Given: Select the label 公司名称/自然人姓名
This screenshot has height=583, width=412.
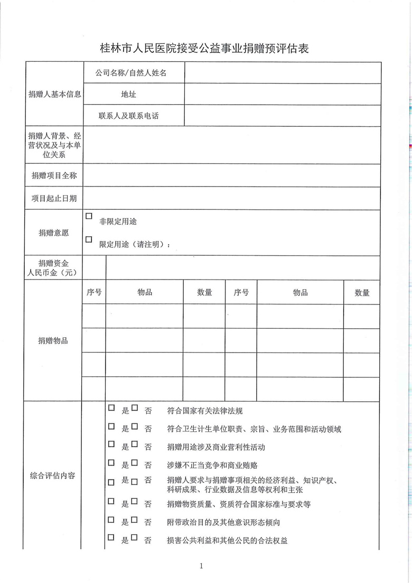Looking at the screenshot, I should [x=131, y=73].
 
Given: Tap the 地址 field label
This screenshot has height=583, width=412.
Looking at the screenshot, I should [x=128, y=95].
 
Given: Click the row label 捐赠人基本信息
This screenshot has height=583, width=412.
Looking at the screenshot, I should [x=54, y=95].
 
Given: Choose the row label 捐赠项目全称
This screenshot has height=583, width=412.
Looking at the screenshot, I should [x=54, y=175].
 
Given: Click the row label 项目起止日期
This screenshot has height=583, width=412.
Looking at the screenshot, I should [x=54, y=198].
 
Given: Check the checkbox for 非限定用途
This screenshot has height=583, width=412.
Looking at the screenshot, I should [x=89, y=217].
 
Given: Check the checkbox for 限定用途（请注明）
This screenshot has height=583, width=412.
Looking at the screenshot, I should [x=89, y=239].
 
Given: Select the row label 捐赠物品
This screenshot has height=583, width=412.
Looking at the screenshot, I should [x=53, y=341].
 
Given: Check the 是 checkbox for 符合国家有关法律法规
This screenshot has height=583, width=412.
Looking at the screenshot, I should [x=111, y=408].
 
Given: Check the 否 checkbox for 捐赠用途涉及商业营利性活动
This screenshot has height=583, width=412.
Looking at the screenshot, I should [x=135, y=445].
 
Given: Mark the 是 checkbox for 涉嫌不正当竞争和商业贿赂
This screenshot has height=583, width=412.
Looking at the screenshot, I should [x=111, y=462].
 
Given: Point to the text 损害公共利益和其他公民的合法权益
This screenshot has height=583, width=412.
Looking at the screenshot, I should [x=227, y=540].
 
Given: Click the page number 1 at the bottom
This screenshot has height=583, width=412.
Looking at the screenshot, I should [x=202, y=567].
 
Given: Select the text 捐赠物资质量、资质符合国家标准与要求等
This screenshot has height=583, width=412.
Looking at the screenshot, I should [x=238, y=504].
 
